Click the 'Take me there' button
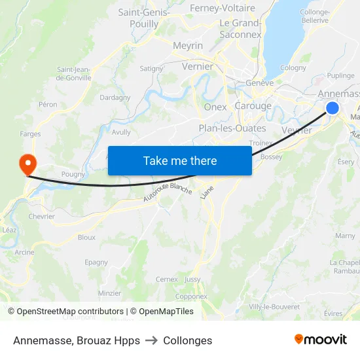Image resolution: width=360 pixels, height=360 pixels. click(x=180, y=160)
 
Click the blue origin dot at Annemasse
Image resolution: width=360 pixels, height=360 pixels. click(x=333, y=108)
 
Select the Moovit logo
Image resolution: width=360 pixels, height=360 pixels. click(x=320, y=340)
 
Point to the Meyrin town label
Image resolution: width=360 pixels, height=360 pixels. click(x=188, y=46)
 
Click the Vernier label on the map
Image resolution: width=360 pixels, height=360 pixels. click(x=198, y=66)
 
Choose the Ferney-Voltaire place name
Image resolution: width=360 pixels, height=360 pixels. click(x=222, y=8)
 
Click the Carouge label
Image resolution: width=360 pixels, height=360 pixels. click(x=253, y=106)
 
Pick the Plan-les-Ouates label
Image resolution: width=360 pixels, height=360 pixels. click(x=232, y=128)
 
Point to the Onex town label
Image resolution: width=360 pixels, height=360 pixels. click(x=215, y=107)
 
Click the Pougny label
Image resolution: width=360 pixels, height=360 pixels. click(x=73, y=174)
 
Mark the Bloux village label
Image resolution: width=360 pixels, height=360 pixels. click(x=86, y=237)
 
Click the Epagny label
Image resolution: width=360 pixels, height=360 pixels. click(x=96, y=262)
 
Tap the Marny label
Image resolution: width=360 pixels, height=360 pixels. click(x=345, y=236)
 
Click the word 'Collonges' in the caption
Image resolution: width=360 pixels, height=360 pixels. click(x=188, y=340)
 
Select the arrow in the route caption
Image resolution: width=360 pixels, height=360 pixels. click(x=152, y=340)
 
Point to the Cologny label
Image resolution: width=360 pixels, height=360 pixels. click(x=293, y=67)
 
